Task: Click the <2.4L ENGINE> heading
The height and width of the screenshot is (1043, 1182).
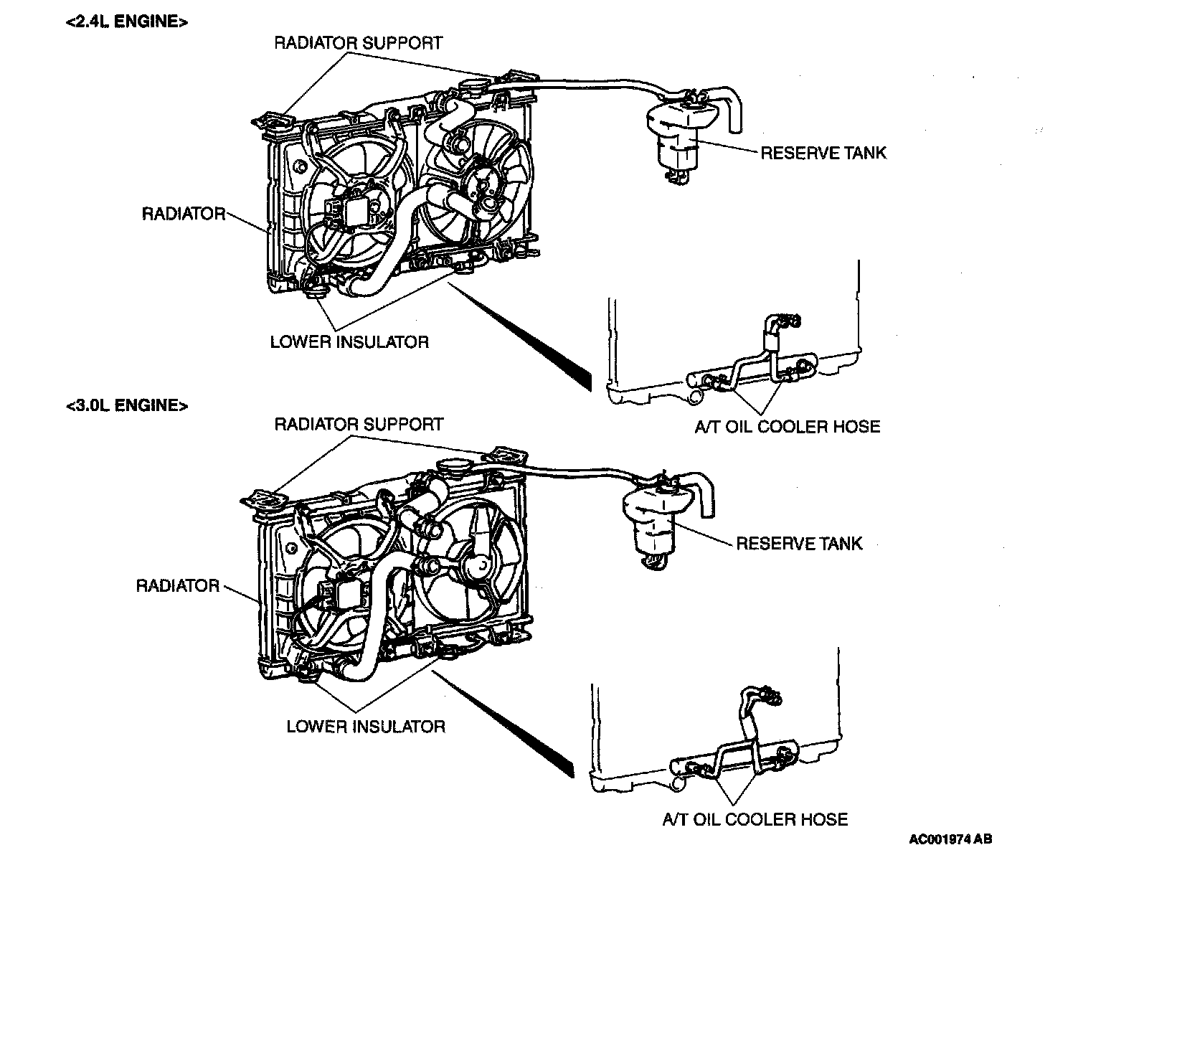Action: coord(127,22)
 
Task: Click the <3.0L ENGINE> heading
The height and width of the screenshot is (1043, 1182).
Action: coord(127,405)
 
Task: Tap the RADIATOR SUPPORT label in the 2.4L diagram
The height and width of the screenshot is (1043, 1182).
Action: coord(358,43)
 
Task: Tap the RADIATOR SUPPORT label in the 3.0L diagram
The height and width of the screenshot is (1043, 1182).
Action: coord(359,425)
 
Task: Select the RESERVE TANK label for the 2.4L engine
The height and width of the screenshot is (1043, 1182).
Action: coord(823,153)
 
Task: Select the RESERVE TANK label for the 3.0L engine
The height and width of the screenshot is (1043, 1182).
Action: coord(799,544)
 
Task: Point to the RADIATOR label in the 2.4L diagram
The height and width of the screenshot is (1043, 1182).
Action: coord(184,214)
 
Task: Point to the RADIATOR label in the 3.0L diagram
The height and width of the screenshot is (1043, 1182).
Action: coord(178,586)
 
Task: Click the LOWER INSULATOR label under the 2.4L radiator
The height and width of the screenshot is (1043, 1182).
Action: coord(349,342)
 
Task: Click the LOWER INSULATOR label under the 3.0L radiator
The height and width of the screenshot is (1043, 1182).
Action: coord(366,727)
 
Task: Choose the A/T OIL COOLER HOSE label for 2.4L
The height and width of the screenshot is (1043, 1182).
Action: coord(787,427)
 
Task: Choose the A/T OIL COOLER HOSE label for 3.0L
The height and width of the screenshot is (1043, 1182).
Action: coord(755,819)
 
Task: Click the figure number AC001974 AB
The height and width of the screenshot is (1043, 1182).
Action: coord(950,839)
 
